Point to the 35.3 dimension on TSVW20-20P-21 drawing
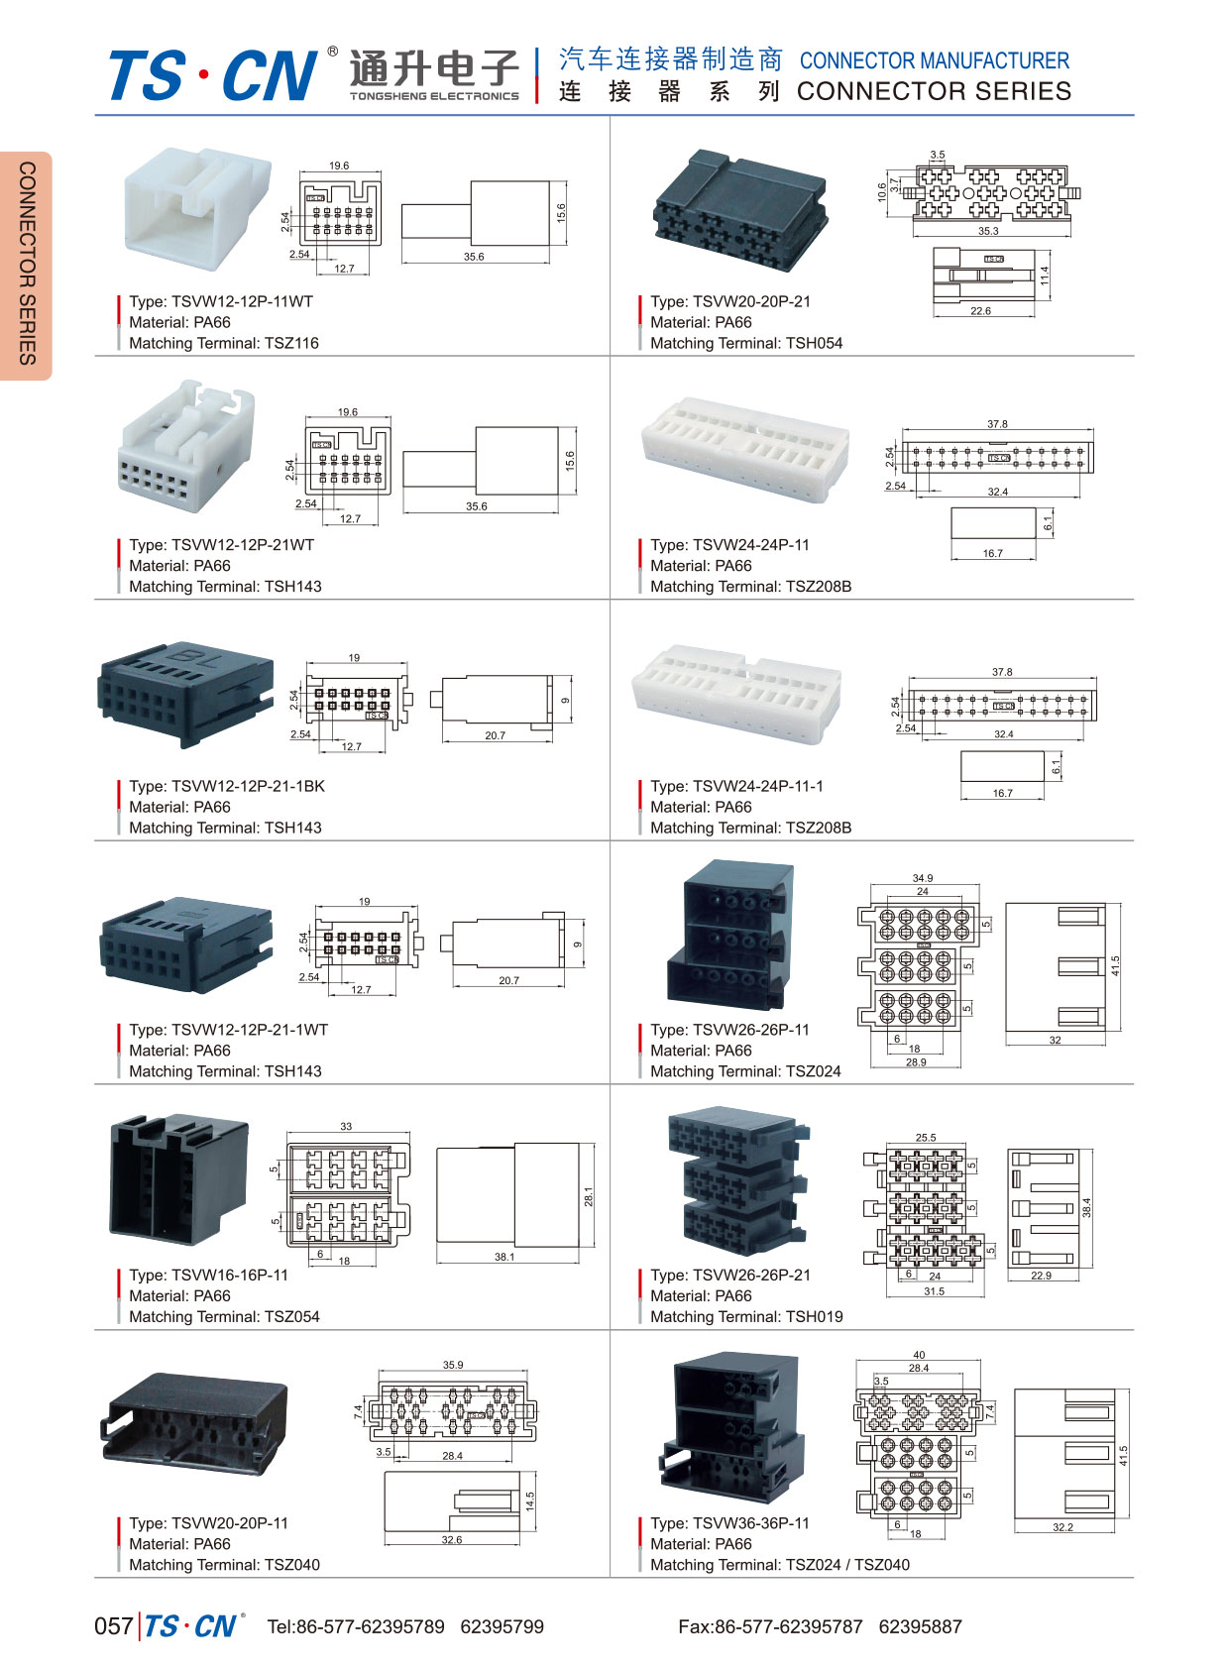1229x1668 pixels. pyautogui.click(x=988, y=231)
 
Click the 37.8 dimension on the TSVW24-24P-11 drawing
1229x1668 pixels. pyautogui.click(x=997, y=424)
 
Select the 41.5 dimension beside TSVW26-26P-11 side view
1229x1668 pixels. pyautogui.click(x=1115, y=965)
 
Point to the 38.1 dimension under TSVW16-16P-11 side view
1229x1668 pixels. pyautogui.click(x=504, y=1257)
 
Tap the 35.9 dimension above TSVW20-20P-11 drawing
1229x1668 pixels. pyautogui.click(x=452, y=1365)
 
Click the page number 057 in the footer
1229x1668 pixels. pyautogui.click(x=113, y=1626)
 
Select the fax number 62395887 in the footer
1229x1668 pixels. pyautogui.click(x=920, y=1626)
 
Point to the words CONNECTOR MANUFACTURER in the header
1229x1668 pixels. pyautogui.click(x=935, y=61)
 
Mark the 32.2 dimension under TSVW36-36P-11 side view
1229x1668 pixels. pyautogui.click(x=1062, y=1527)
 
